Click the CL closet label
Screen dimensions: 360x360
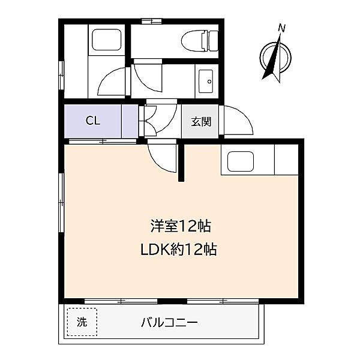tap(92, 121)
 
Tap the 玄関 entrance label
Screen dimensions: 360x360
tap(201, 121)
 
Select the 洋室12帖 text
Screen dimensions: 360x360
tap(179, 226)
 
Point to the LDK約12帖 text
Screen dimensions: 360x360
tap(179, 248)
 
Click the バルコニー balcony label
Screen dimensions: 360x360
tap(170, 322)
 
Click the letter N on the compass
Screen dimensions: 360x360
tap(282, 28)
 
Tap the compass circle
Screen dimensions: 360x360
tap(275, 58)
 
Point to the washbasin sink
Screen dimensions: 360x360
tap(206, 78)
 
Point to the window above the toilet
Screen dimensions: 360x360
tap(152, 21)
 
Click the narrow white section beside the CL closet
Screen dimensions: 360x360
tap(129, 121)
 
